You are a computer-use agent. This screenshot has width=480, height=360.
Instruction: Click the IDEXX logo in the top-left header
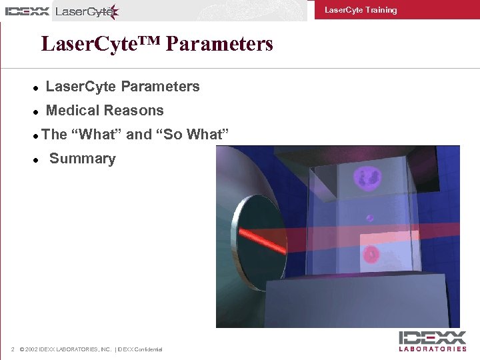pos(27,11)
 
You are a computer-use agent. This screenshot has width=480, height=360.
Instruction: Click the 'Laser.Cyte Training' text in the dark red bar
pos(360,10)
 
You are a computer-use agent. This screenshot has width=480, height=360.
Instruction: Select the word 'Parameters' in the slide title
pos(219,44)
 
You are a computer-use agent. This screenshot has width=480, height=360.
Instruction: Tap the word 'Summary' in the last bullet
pos(82,159)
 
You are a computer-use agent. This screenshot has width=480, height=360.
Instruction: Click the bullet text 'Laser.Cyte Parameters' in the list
pos(123,87)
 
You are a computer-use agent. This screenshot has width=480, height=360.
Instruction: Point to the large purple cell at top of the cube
pos(367,178)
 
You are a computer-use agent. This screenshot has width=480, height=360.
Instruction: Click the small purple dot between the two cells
pos(369,218)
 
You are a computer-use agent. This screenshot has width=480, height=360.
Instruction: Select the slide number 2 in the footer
pos(13,349)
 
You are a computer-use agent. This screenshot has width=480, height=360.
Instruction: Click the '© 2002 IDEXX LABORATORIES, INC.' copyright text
pos(66,349)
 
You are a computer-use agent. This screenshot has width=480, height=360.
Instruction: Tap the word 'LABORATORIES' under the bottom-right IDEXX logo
pos(433,349)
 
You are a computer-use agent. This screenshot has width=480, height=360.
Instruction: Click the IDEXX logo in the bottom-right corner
pos(433,337)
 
